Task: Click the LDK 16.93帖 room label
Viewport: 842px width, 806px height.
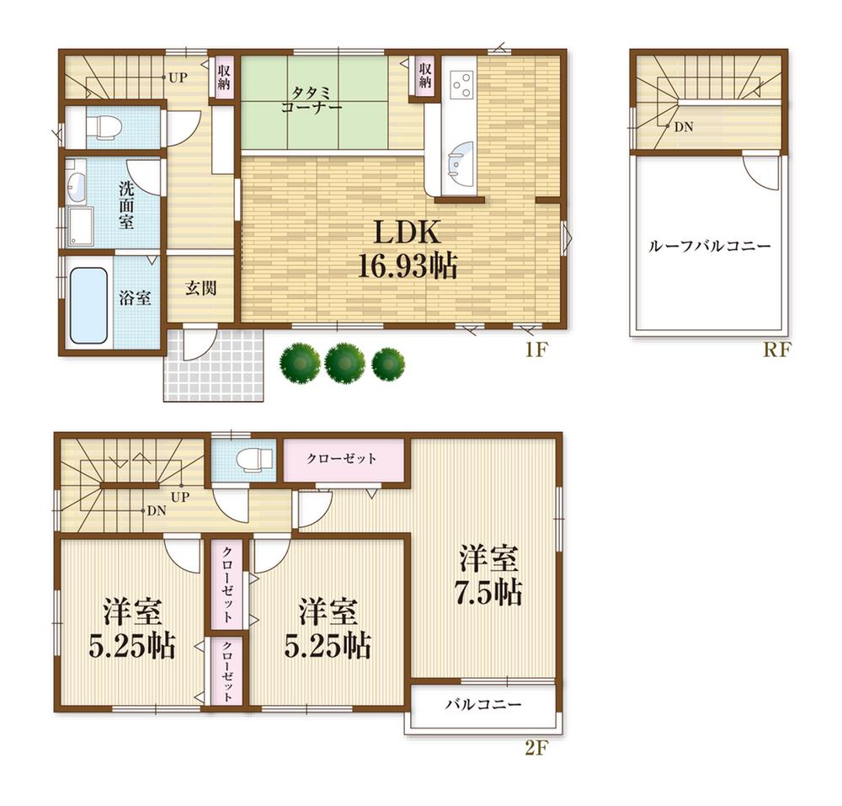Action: tap(403, 250)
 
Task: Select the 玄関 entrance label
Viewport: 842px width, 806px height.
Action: tap(201, 288)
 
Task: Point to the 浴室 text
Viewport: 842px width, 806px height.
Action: tap(135, 297)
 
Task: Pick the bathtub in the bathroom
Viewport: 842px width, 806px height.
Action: tap(88, 305)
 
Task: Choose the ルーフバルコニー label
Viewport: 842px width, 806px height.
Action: tap(709, 247)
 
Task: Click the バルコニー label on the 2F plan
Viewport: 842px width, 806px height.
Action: tap(483, 705)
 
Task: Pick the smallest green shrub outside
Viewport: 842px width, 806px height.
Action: tap(388, 364)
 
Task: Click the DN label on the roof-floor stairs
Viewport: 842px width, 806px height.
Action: tap(683, 126)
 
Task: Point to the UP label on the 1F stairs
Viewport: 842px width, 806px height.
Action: tap(177, 78)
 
